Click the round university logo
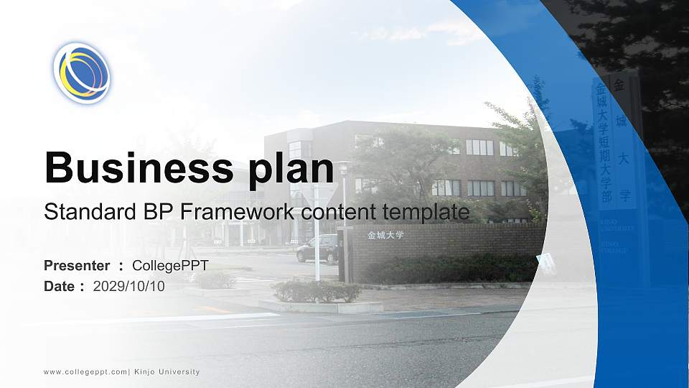pos(82,73)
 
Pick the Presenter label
pos(77,266)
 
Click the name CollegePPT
pos(170,266)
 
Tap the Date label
pos(60,286)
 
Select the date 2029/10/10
pos(129,286)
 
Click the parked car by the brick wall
pos(317,249)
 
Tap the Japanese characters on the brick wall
pos(385,235)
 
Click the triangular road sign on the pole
pos(317,193)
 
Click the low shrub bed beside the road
pos(316,291)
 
